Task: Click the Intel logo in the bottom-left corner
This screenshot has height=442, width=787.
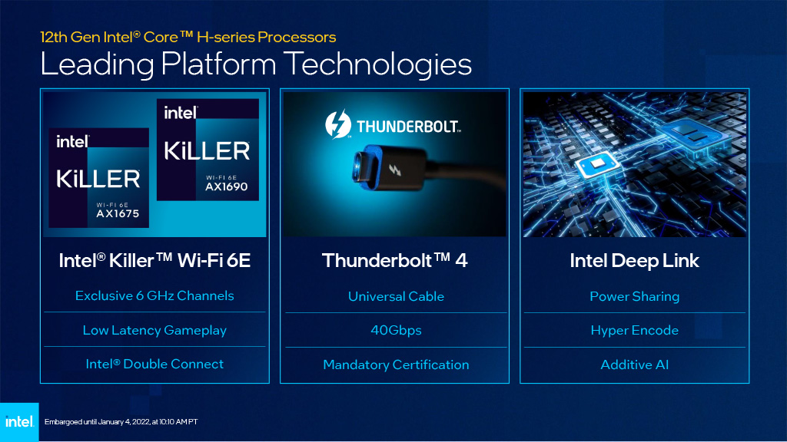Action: (19, 422)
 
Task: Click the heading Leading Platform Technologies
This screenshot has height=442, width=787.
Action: (256, 64)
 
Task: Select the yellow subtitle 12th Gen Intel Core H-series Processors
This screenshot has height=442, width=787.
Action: (188, 37)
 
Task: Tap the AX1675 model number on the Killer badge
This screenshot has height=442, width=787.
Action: (118, 214)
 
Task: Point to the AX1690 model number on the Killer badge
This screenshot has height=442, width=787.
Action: (227, 186)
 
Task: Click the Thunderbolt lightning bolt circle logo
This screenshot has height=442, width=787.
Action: (338, 124)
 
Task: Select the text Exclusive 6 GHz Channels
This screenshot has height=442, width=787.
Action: (154, 295)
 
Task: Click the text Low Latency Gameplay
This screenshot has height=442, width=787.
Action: (154, 330)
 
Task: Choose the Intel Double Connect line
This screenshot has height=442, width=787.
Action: (154, 364)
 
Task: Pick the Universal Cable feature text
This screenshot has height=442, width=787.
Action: (396, 296)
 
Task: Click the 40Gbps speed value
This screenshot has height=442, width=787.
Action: (396, 330)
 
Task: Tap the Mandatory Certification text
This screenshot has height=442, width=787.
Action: (396, 364)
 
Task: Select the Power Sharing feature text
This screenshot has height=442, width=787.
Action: (634, 297)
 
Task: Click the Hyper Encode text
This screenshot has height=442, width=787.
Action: (634, 330)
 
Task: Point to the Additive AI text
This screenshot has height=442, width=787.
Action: (634, 364)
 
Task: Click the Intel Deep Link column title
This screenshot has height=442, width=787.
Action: (634, 261)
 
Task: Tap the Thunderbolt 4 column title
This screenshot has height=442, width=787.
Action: (395, 261)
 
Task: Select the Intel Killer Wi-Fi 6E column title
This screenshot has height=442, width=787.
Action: (154, 261)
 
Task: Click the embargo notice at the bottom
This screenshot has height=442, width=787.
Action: (121, 422)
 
